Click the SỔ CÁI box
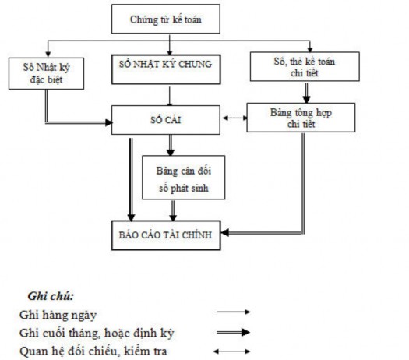pyautogui.click(x=162, y=118)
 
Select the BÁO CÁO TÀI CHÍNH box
pyautogui.click(x=163, y=234)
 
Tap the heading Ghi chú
pyautogui.click(x=51, y=297)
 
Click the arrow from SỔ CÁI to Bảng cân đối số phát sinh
pyautogui.click(x=170, y=143)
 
